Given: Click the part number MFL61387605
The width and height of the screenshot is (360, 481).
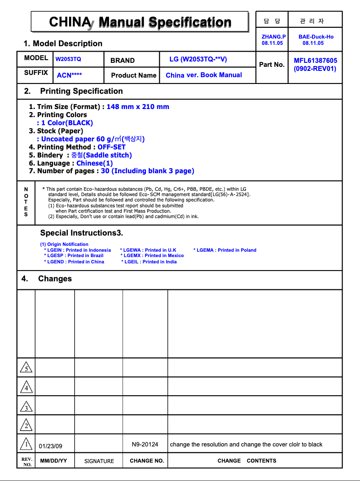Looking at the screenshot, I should click(315, 61).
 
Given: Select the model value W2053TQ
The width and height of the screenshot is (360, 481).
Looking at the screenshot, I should click(68, 59).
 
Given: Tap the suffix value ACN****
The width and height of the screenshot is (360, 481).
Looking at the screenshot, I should click(70, 75).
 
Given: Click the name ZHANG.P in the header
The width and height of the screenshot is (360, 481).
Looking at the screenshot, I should click(273, 37).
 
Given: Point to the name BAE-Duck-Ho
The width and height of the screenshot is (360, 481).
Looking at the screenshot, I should click(316, 37).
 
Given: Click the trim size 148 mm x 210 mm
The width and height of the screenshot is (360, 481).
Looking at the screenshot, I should click(138, 107).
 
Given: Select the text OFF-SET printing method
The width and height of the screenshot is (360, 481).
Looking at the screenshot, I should click(111, 147).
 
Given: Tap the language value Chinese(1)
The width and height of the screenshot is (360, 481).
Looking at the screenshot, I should click(95, 163).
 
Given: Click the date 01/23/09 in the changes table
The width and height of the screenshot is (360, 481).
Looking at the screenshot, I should click(51, 446).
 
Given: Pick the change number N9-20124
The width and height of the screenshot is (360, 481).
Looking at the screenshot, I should click(145, 444).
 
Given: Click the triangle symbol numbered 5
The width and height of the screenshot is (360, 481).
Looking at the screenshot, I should click(26, 368).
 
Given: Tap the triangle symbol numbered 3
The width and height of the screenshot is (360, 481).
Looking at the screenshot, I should click(26, 407).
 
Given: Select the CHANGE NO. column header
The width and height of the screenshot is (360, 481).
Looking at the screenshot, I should click(147, 461).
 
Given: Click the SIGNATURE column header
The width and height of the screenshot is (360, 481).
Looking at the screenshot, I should click(99, 461).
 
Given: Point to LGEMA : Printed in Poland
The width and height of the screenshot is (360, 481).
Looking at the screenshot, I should click(225, 250).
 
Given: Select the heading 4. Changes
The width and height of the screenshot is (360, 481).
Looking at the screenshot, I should click(47, 279).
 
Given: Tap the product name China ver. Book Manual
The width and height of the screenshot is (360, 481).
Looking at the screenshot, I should click(204, 75).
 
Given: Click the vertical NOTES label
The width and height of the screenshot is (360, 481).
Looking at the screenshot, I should click(26, 202).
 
